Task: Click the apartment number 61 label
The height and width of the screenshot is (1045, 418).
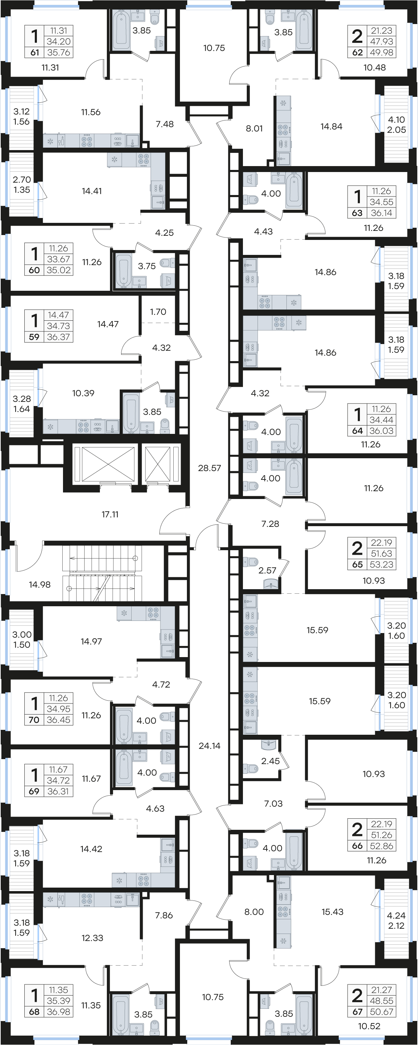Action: coord(35,52)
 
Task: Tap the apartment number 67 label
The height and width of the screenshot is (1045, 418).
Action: coord(357,1012)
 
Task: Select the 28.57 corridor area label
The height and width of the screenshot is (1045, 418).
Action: coord(210,468)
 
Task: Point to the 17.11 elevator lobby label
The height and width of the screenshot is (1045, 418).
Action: coord(110,514)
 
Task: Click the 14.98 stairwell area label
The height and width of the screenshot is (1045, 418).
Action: coord(40,585)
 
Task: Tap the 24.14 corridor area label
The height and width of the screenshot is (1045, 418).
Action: coord(210,746)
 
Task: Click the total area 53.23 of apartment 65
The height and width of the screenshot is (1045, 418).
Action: coord(381,564)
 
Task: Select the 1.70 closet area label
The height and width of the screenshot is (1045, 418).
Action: coord(158,312)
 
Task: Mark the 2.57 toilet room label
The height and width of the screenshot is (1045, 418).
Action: coord(268,570)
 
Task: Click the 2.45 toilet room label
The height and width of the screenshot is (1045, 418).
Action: coord(270,761)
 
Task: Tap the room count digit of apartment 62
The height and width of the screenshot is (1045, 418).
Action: coord(357,36)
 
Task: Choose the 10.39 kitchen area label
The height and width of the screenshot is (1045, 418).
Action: coord(83,393)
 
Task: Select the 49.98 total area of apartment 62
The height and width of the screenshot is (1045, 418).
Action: coord(381,52)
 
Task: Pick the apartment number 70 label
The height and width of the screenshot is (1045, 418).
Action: coord(34,720)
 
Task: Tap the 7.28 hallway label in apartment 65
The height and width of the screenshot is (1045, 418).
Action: coord(270,524)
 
